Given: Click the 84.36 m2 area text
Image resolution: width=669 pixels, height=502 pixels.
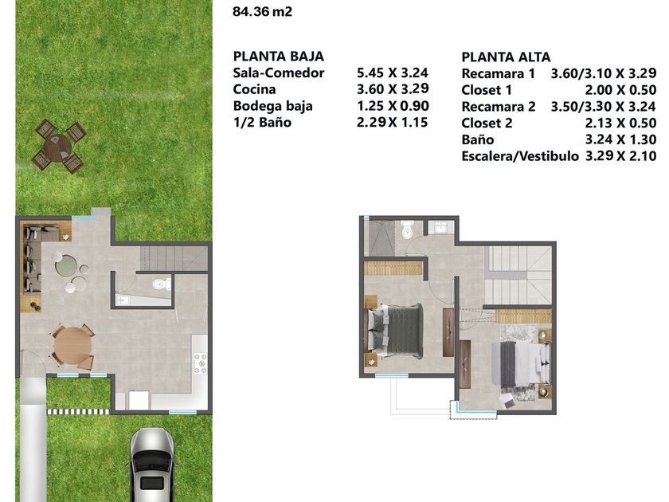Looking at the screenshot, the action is point(262,11).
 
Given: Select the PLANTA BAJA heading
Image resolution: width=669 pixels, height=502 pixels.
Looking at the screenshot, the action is point(279,57).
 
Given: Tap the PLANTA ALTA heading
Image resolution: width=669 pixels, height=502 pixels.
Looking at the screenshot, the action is point(506,57).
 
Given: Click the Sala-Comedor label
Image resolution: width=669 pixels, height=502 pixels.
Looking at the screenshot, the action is point(279,73).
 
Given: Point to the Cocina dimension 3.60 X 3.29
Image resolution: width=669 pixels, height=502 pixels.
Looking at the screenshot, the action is point(393,88).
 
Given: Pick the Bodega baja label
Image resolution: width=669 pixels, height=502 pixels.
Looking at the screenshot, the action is point(273,106).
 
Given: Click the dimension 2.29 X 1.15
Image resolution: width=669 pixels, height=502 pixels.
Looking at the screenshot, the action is point(393,123).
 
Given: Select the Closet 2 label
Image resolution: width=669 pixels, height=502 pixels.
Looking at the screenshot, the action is point(487,124).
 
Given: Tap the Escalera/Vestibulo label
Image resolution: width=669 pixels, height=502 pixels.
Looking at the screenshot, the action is point(520,156).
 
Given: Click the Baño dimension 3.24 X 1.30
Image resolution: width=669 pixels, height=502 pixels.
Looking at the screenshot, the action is point(620,139).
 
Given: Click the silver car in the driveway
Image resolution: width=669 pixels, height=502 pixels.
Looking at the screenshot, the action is point(153,465).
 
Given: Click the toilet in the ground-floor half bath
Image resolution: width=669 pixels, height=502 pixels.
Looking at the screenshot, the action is point(161,284).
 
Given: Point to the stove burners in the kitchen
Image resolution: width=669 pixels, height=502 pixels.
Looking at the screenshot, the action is point(200,363).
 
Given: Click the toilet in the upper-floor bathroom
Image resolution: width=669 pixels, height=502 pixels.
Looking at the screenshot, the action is point(407,229).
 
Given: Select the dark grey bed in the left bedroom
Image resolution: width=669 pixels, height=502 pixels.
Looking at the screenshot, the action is point(396,331).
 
